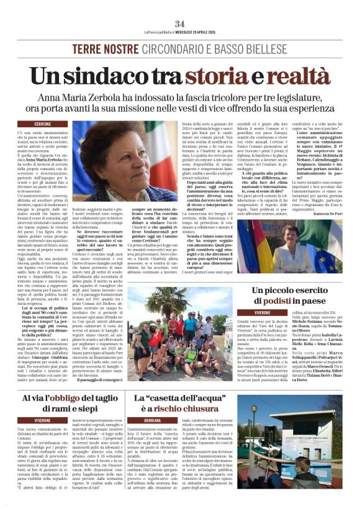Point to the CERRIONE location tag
click(42, 124)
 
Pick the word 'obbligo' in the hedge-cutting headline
click(62, 398)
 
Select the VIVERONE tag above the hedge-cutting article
click(42, 420)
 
